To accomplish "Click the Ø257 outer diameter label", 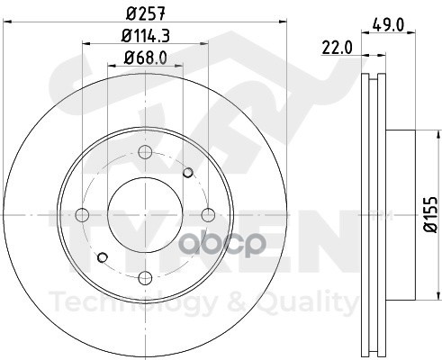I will coord(146,13).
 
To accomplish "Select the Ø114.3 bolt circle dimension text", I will coord(146,38).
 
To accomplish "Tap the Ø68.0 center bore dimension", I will coord(146,61).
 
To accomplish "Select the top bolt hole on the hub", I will coord(145,151).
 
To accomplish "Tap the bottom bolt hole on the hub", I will coord(145,278).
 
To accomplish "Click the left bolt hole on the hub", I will coord(82,214).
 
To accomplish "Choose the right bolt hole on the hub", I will coord(208,214).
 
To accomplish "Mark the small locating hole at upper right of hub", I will coord(187,173).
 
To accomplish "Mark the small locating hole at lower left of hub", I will coord(103,257).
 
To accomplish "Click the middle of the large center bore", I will coord(145,214).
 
